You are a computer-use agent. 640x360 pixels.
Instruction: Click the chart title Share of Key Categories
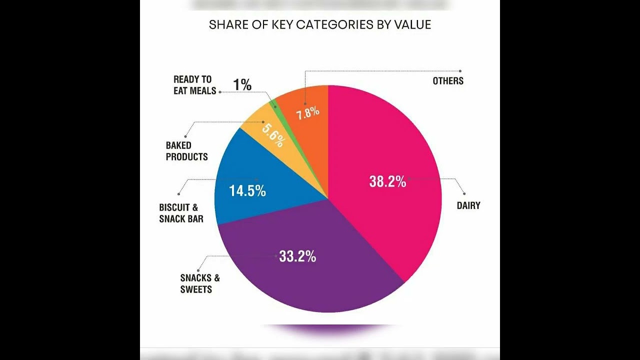tap(319, 24)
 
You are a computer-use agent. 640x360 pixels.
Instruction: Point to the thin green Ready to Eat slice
tap(273, 104)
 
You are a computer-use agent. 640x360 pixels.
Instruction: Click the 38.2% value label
tap(387, 181)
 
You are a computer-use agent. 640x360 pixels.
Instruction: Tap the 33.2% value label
tap(297, 257)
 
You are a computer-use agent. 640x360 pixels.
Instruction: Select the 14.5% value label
tap(247, 190)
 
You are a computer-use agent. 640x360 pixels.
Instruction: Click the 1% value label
tap(242, 85)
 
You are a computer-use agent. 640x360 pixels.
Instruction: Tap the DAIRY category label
tap(468, 205)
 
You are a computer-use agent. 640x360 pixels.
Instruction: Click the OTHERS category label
tap(448, 81)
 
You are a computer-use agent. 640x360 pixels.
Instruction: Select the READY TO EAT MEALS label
tap(194, 85)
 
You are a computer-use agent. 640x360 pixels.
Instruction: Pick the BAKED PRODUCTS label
tap(186, 151)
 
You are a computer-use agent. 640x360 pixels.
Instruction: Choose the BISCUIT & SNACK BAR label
tap(181, 213)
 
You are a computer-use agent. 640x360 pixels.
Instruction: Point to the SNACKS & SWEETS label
tap(200, 283)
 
